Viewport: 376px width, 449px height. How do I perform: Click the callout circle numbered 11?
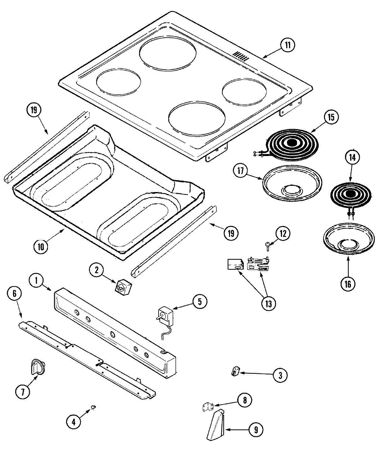[287, 45]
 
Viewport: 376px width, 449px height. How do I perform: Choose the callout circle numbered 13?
[269, 304]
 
